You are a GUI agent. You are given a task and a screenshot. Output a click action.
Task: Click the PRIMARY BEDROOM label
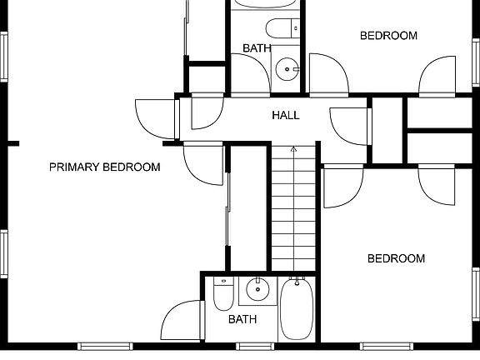click(x=105, y=167)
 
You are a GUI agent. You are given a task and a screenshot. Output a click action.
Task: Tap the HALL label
click(x=286, y=115)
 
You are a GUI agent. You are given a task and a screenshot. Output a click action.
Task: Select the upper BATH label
click(x=257, y=48)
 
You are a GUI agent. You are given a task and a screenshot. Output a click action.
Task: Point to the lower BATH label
click(x=242, y=320)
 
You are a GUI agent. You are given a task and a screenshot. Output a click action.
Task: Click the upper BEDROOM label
click(x=388, y=36)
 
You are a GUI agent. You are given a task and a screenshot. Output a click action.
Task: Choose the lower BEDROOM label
click(x=396, y=258)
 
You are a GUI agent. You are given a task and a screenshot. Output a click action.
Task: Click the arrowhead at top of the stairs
click(x=294, y=149)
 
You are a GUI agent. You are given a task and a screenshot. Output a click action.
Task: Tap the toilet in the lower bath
click(x=223, y=293)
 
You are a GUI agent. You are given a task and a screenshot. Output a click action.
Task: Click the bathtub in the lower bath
click(x=297, y=308)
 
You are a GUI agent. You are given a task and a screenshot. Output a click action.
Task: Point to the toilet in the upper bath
click(x=282, y=28)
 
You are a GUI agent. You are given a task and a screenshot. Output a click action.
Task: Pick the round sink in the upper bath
click(x=287, y=69)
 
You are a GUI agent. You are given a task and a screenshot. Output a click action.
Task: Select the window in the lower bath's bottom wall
click(x=255, y=347)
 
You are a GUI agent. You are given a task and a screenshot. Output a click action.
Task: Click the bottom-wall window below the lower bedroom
click(x=387, y=347)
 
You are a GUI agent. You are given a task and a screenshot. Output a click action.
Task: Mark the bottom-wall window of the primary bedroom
click(x=105, y=347)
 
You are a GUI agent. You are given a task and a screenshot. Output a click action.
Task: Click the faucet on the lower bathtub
click(x=297, y=282)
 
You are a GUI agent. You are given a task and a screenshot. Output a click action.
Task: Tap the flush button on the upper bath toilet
click(x=296, y=28)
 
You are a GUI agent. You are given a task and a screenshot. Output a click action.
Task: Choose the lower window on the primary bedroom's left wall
click(x=4, y=254)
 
